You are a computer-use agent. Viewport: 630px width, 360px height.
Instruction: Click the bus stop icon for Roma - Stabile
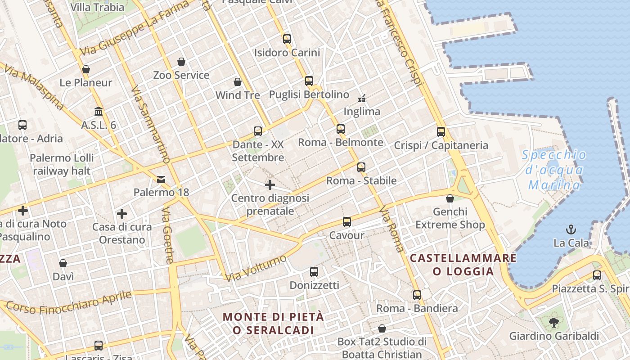pos(361,167)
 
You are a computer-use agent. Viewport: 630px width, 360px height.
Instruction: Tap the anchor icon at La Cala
pos(571,229)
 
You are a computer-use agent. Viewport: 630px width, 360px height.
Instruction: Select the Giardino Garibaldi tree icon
pos(553,322)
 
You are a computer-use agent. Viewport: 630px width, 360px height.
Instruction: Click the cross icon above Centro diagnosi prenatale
pos(270,185)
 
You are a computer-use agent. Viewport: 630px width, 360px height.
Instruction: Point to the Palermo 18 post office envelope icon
pos(161,180)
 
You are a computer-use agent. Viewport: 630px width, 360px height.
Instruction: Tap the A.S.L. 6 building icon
pos(99,111)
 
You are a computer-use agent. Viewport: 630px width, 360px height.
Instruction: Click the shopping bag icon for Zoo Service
pos(181,62)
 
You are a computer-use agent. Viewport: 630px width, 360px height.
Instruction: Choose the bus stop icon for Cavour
pos(346,222)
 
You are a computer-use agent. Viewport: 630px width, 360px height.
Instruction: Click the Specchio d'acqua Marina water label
pos(554,170)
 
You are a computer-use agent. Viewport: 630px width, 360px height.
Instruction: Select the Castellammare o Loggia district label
pos(463,265)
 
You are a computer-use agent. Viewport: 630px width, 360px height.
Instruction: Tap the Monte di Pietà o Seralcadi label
pos(273,323)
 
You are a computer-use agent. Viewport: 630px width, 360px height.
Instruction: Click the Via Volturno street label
pos(256,268)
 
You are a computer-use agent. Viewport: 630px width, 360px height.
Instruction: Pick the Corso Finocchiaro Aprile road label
pos(69,303)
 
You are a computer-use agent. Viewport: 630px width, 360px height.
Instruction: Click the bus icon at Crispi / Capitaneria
pos(441,132)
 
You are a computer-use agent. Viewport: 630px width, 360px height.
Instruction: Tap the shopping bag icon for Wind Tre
pos(238,82)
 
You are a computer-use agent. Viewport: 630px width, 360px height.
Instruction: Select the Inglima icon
pos(361,98)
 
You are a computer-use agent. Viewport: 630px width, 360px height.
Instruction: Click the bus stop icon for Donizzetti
pos(314,272)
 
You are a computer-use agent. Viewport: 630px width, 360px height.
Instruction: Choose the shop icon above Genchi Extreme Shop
pos(450,198)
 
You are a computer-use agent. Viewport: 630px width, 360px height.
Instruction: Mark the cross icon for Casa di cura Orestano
pos(121,214)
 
